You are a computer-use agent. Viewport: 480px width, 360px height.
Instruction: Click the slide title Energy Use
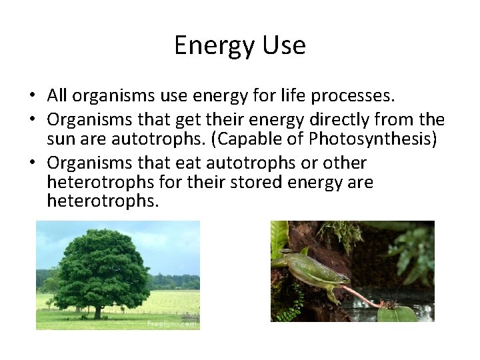pyautogui.click(x=240, y=45)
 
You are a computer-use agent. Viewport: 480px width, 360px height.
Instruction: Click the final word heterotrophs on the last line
pyautogui.click(x=103, y=202)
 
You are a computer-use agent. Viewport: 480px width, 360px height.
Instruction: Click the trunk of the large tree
pyautogui.click(x=98, y=310)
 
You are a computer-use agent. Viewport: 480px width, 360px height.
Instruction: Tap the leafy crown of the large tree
pyautogui.click(x=100, y=267)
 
